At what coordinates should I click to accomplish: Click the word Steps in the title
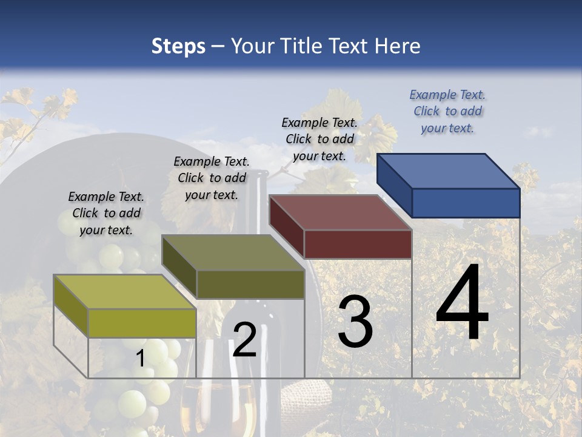point(178,46)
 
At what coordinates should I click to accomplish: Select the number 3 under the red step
point(355,322)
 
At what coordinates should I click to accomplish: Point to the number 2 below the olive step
point(244,340)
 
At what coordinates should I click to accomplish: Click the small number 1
point(140,359)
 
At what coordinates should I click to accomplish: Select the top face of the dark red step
point(340,212)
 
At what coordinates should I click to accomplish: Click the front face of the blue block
point(466,203)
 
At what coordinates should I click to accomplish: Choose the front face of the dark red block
point(358,245)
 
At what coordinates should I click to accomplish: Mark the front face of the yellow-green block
point(142,323)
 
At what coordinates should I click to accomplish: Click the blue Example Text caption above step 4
point(447,111)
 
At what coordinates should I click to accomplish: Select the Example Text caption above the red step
point(319,139)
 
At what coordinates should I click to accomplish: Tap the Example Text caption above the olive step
point(212,178)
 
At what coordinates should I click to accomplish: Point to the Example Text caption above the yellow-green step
point(106,213)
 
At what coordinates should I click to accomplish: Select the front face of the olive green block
point(250,284)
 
